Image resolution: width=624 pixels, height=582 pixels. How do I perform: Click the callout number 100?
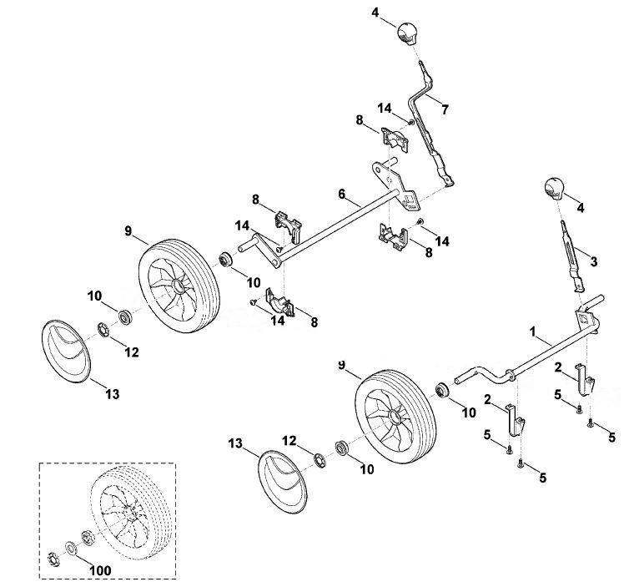point(100,570)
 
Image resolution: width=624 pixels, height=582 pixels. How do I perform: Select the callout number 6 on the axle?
point(342,194)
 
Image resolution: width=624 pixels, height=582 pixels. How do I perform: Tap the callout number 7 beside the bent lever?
point(445,109)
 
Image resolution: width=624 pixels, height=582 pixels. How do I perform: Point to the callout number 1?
point(534,331)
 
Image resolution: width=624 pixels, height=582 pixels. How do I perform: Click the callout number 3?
point(594,261)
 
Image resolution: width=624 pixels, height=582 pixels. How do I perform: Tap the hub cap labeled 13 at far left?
point(66,352)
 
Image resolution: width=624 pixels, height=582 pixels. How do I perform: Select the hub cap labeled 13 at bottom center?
point(283,482)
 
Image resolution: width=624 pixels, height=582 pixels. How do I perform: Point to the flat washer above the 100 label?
point(72,548)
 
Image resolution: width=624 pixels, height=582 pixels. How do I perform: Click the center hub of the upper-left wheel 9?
point(178,286)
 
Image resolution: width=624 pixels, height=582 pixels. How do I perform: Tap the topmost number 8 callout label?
point(360,119)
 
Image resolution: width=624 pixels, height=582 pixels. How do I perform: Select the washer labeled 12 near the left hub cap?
point(103,330)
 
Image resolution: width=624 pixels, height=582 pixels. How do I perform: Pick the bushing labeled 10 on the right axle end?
point(442,390)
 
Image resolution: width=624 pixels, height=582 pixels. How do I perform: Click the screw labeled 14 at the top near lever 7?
point(411,122)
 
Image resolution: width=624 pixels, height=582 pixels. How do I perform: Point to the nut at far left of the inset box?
point(52,559)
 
